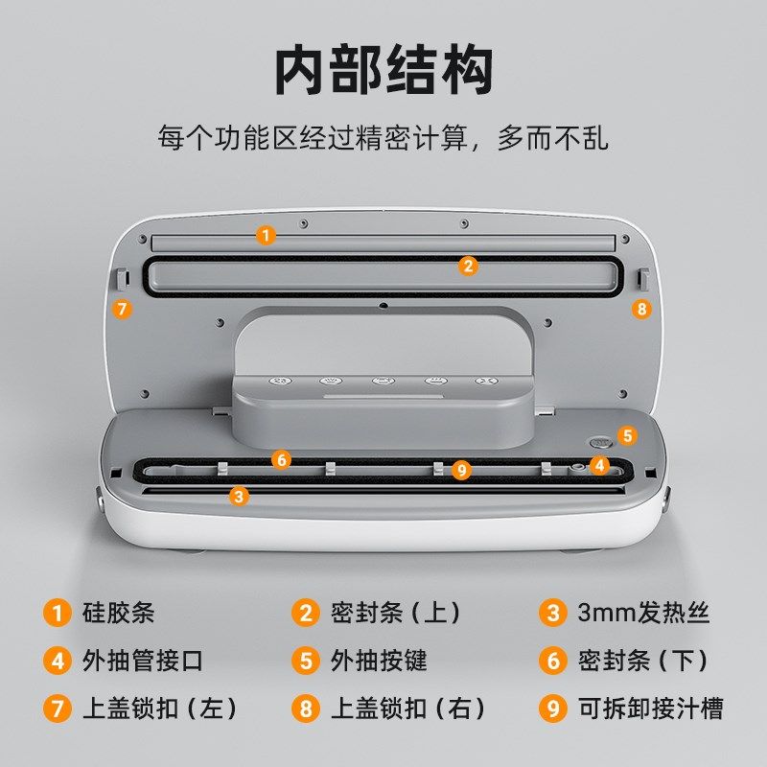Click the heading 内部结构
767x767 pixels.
383,71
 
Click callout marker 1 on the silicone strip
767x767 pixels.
267,234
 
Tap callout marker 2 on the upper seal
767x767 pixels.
468,266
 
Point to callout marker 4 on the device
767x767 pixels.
599,466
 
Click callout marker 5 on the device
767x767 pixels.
626,435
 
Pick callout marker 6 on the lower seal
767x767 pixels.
281,459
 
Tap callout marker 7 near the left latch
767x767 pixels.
122,309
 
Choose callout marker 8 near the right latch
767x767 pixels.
641,309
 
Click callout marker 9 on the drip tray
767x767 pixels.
462,469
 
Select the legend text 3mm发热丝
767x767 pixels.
643,613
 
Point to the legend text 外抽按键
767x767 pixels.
379,661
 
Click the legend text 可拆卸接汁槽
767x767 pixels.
651,709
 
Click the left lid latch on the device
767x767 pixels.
123,278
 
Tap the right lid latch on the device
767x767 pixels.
642,278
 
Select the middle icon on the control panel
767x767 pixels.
382,380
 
